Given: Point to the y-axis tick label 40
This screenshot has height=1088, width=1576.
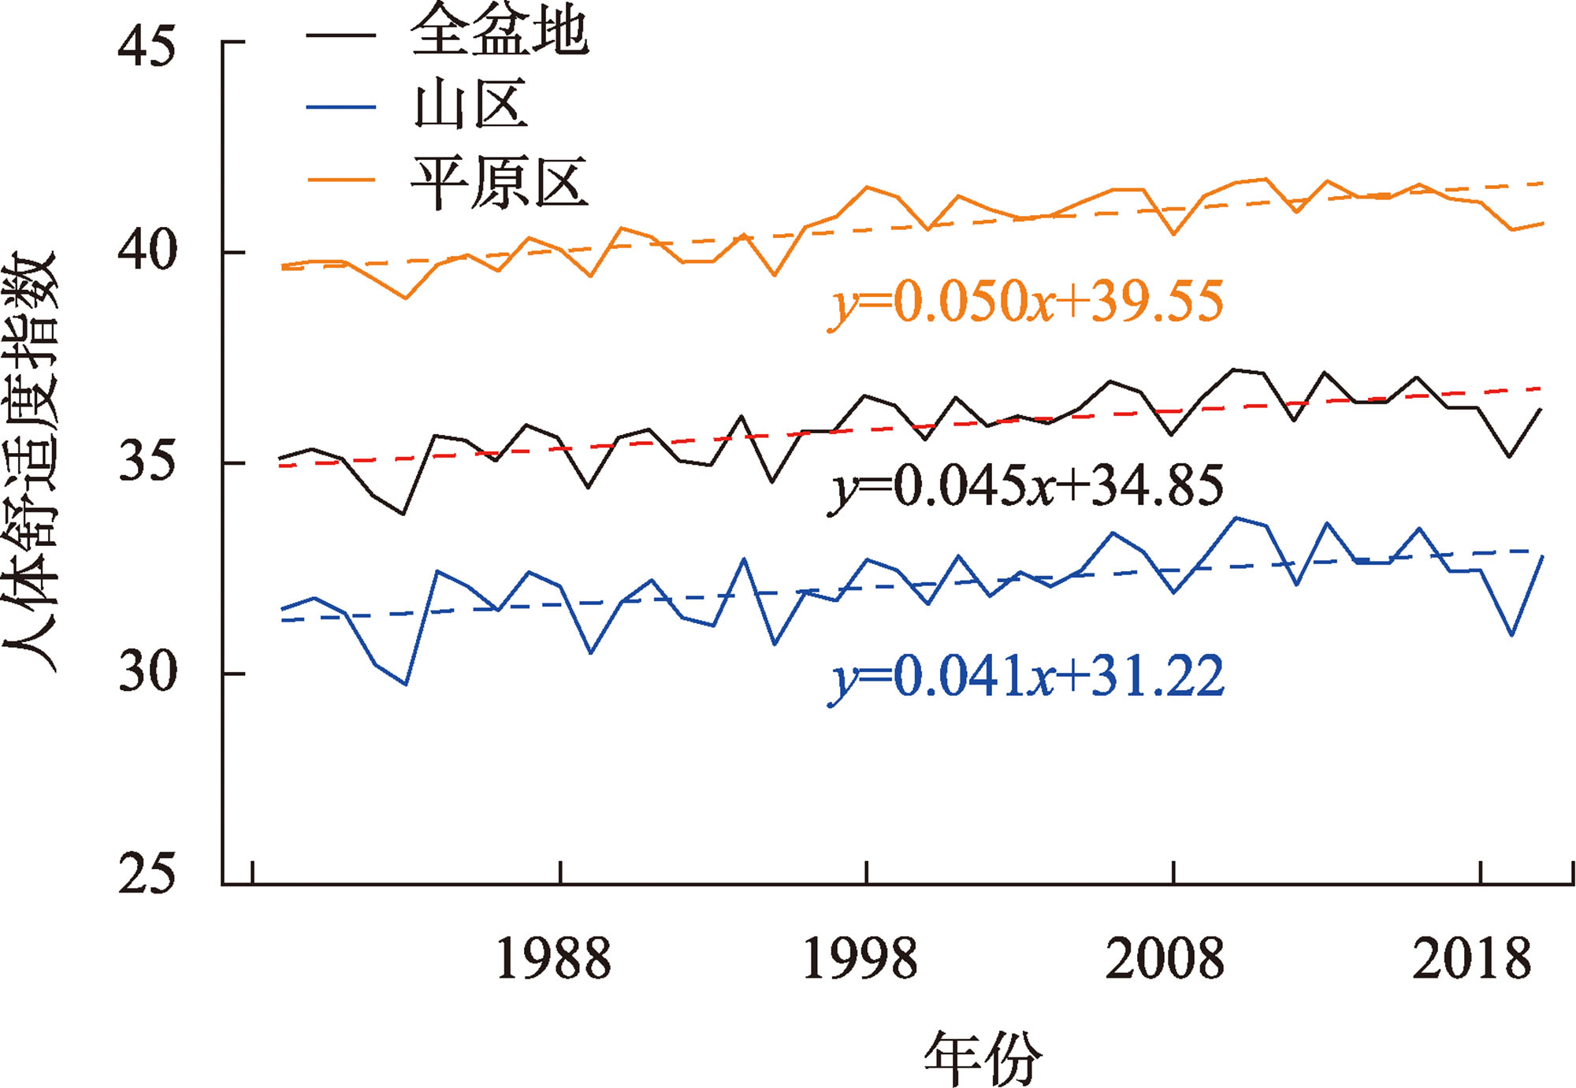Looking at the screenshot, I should coord(146,251).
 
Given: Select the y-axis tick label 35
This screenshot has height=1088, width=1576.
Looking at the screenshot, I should coord(146,462).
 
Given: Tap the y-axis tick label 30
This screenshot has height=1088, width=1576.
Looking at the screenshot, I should coord(146,673).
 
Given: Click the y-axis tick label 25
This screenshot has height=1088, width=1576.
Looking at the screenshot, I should coord(146,874).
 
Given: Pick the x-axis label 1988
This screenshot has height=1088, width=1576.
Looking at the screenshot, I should coord(553,959).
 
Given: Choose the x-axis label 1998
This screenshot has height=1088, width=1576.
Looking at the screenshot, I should coord(860,959).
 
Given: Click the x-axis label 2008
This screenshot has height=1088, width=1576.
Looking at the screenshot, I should coord(1165,959).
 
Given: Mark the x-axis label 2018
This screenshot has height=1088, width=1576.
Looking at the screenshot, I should coord(1472,959).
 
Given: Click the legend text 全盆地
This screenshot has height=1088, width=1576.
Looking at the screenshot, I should coord(500,32).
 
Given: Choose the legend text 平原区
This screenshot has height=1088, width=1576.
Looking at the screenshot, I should coord(500,181).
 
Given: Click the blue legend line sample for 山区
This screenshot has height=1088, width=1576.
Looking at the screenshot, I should coord(340,106).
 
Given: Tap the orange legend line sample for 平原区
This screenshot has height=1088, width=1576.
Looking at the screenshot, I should coord(340,180).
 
